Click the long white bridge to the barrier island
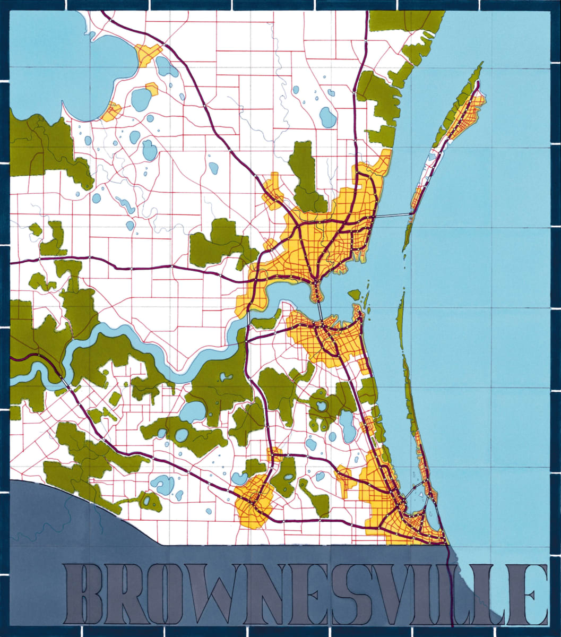[392, 214]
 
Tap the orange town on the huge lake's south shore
[112, 111]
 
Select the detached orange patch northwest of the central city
[274, 189]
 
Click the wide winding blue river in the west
[133, 340]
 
